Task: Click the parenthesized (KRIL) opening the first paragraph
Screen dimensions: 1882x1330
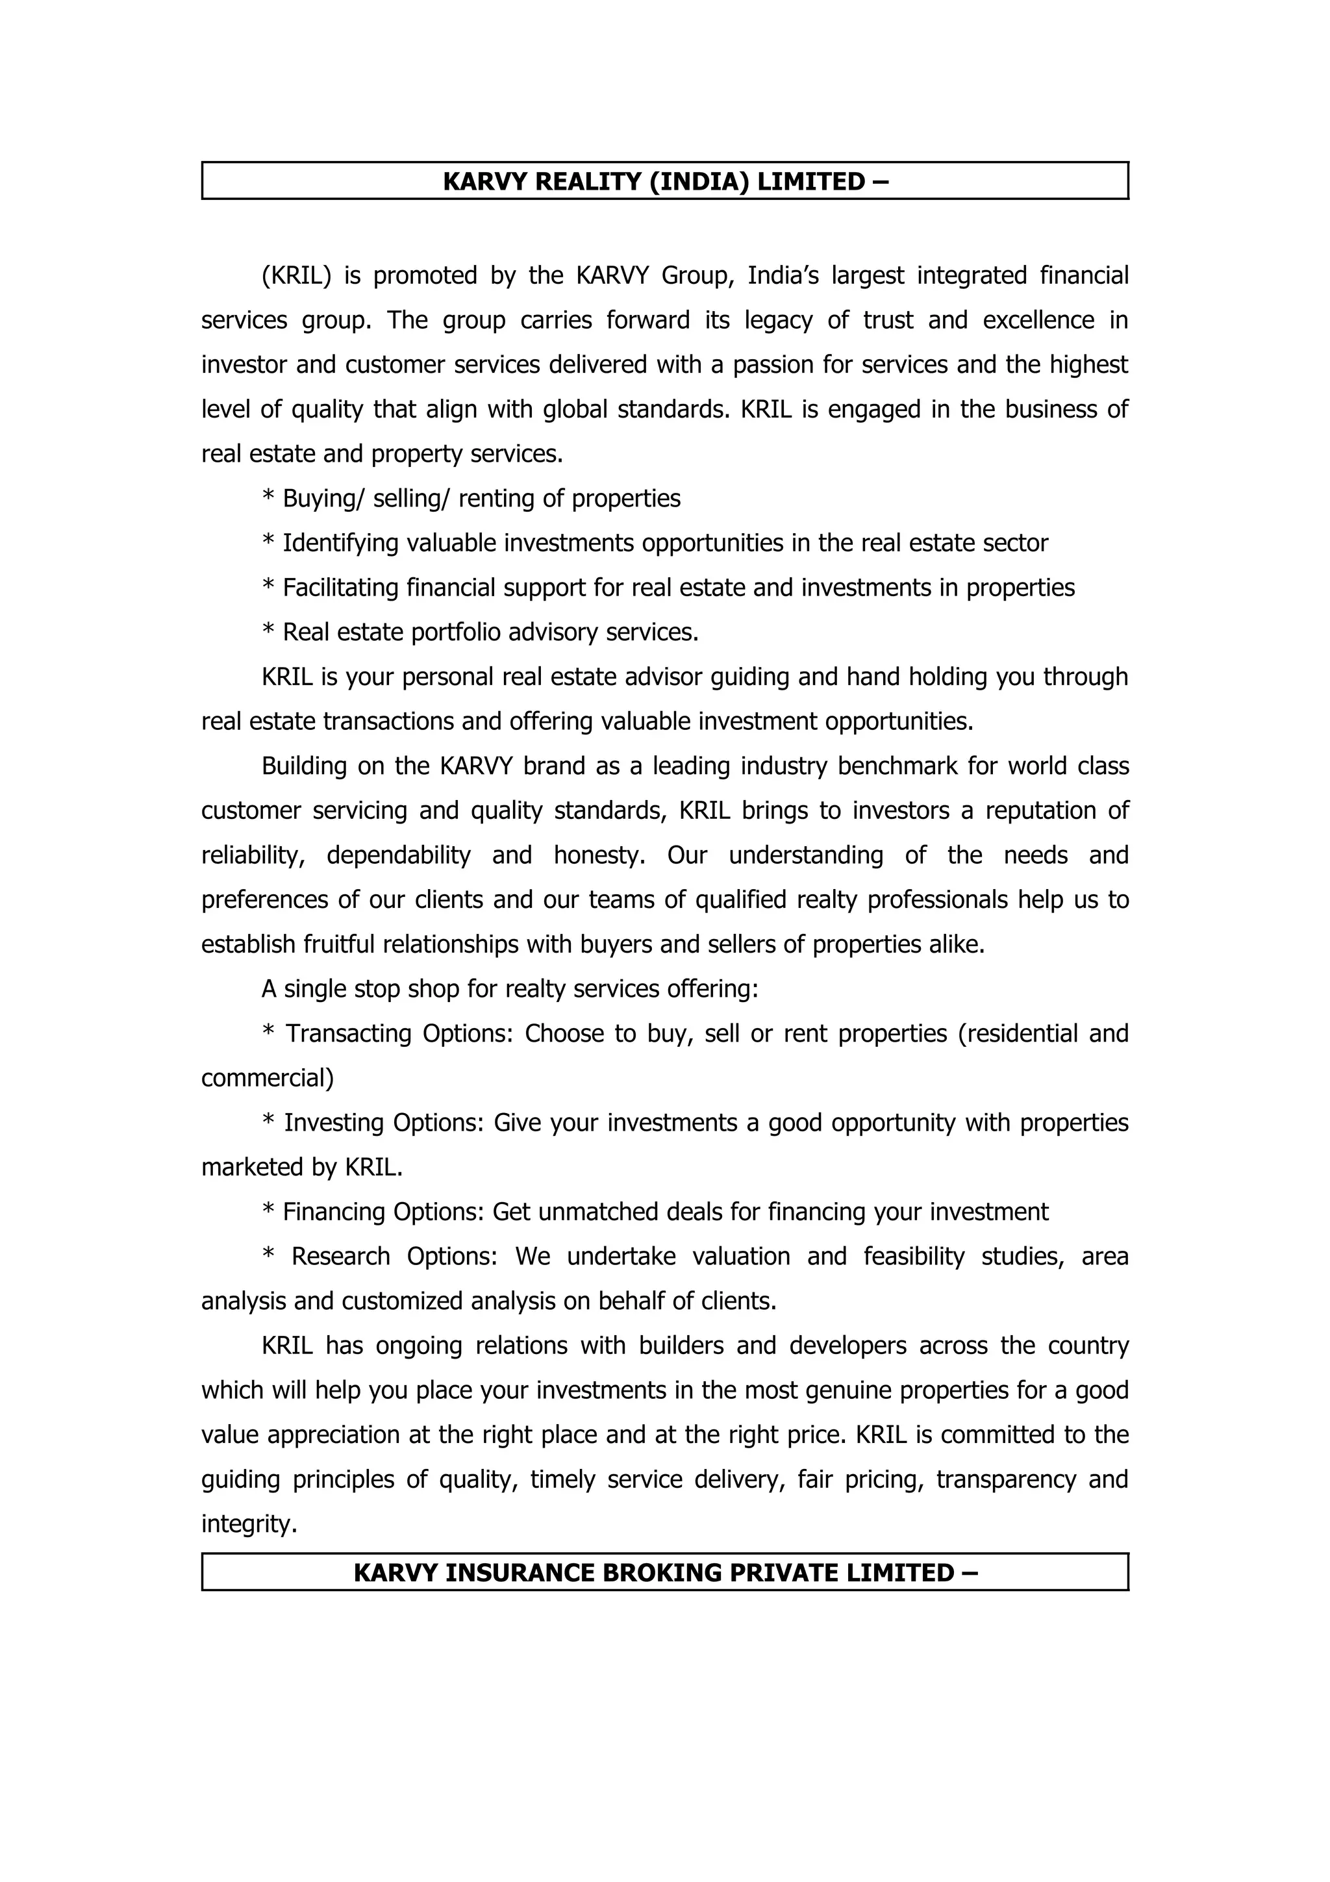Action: pos(296,275)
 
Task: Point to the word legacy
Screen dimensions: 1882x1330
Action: pos(778,320)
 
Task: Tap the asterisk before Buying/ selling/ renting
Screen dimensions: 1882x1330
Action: pos(268,498)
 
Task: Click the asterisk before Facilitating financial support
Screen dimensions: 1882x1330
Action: pos(268,588)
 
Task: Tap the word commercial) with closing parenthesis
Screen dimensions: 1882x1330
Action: pos(267,1078)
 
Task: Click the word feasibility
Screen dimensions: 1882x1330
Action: pos(914,1257)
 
